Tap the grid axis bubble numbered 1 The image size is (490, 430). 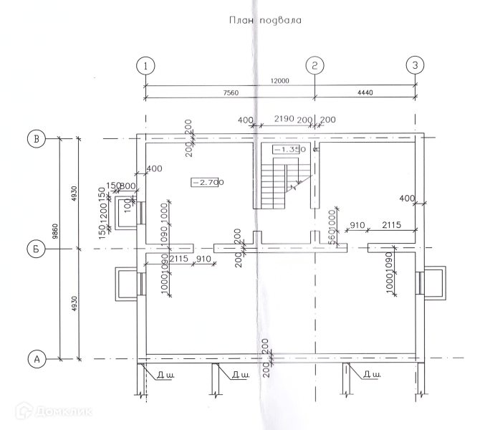tap(145, 65)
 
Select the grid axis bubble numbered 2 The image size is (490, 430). tap(315, 65)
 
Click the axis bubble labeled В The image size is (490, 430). tap(34, 138)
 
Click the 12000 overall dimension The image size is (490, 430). tap(280, 81)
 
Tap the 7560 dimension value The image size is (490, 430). tap(231, 93)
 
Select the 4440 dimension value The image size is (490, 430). tap(365, 93)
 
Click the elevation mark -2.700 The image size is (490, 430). tap(208, 182)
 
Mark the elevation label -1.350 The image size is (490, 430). tap(290, 149)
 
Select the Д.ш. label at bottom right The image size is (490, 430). tap(371, 374)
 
